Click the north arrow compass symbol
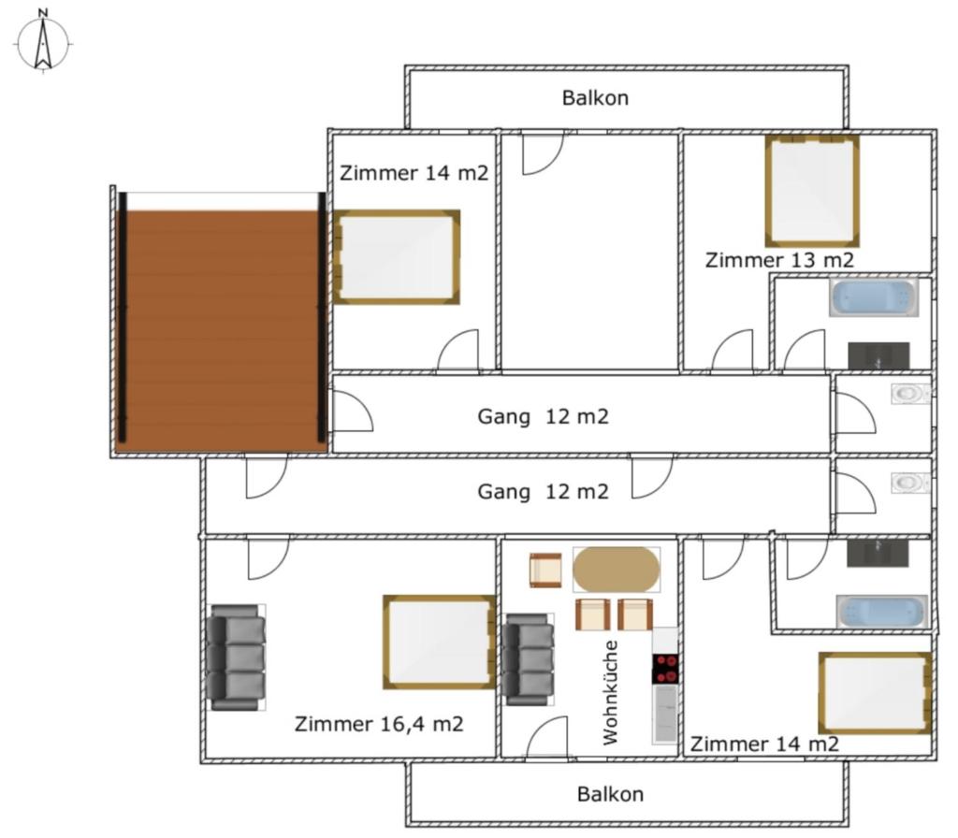(x=43, y=42)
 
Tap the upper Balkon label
(x=595, y=97)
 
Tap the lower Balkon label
(x=610, y=794)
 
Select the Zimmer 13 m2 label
(x=779, y=260)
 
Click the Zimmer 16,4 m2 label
(x=379, y=725)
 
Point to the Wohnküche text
(x=610, y=693)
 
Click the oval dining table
(x=616, y=570)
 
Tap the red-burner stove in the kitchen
(x=665, y=669)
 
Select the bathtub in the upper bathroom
(x=874, y=298)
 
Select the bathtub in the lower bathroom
(x=882, y=612)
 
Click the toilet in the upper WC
(x=910, y=394)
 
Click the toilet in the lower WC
(x=910, y=484)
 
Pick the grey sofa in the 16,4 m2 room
(x=236, y=657)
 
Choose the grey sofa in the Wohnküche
(x=529, y=659)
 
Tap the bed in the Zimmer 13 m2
(x=812, y=191)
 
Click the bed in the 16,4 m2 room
(x=440, y=642)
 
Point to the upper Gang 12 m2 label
(x=544, y=417)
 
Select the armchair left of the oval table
(x=545, y=571)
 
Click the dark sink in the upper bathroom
(x=878, y=356)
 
